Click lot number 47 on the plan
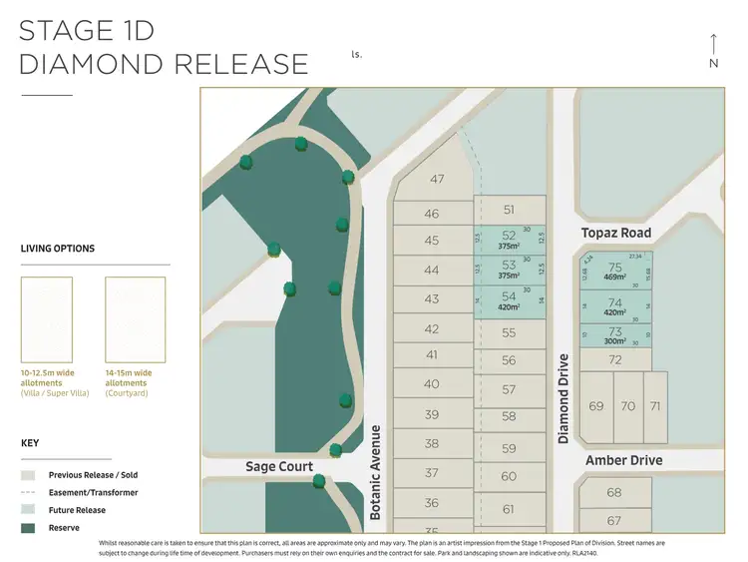(437, 180)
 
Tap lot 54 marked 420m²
(510, 300)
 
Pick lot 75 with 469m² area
(614, 273)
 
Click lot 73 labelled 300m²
(614, 335)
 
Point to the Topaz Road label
(616, 233)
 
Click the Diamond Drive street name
(563, 398)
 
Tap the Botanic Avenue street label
(376, 472)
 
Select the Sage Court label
(279, 466)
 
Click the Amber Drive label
(623, 460)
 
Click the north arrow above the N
(714, 44)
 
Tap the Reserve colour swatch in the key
(28, 527)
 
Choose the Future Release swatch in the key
(28, 510)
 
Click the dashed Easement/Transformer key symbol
(28, 492)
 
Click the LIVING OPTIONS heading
(58, 249)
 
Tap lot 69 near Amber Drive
(596, 406)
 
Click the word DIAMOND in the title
(86, 64)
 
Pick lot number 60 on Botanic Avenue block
(510, 477)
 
